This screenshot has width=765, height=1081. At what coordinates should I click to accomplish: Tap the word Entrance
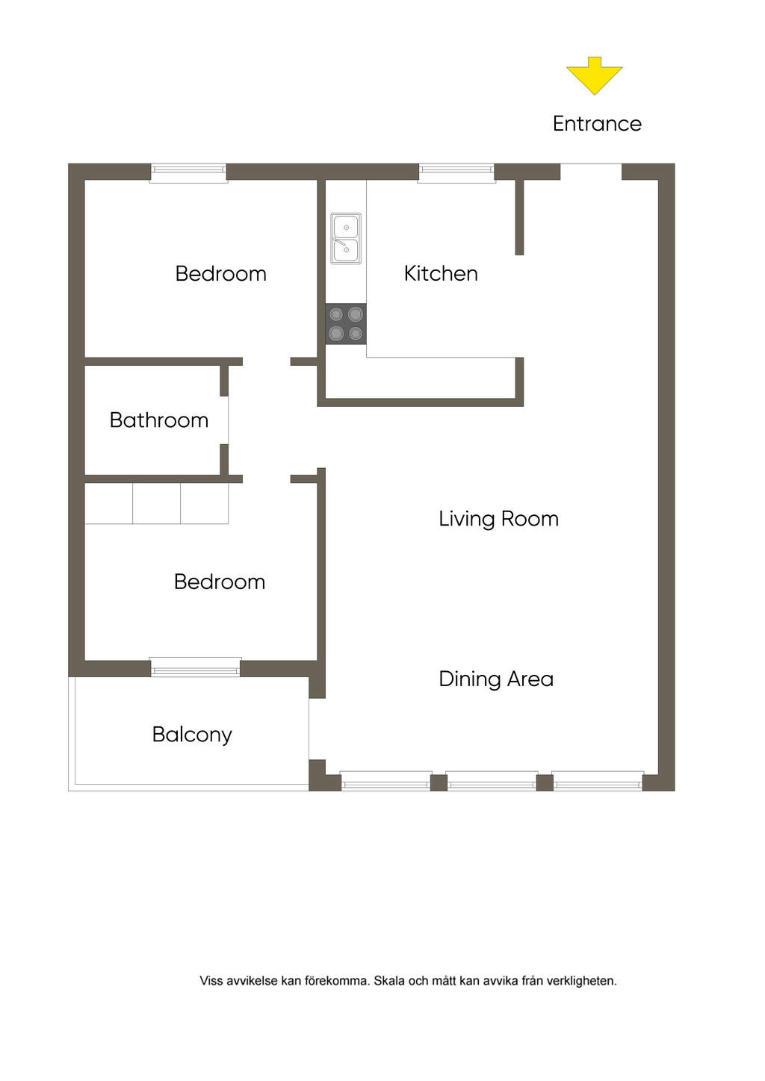[x=597, y=124]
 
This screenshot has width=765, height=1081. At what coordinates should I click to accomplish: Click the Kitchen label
[x=441, y=274]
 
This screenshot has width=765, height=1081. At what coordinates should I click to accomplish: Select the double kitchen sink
[x=346, y=238]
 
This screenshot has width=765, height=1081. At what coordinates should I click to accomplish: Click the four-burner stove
[x=346, y=324]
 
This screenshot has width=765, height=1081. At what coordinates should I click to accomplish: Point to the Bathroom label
[x=159, y=420]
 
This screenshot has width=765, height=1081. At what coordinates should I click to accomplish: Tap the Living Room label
[x=498, y=520]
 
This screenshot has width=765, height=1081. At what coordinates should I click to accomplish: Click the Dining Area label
[x=496, y=679]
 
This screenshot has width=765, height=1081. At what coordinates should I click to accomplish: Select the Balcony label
[x=192, y=735]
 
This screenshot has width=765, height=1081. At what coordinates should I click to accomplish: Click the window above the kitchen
[x=456, y=172]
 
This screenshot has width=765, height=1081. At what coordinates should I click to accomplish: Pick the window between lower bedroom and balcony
[x=195, y=667]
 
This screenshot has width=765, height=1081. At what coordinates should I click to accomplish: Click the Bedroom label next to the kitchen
[x=220, y=274]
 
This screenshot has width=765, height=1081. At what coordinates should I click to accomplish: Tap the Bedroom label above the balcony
[x=220, y=582]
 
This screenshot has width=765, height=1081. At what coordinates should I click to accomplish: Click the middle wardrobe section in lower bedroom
[x=156, y=503]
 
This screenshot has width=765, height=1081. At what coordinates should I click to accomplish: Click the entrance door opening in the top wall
[x=591, y=172]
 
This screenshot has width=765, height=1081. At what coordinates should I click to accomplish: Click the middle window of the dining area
[x=492, y=781]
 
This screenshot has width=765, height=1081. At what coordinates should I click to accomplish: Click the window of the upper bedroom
[x=188, y=172]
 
